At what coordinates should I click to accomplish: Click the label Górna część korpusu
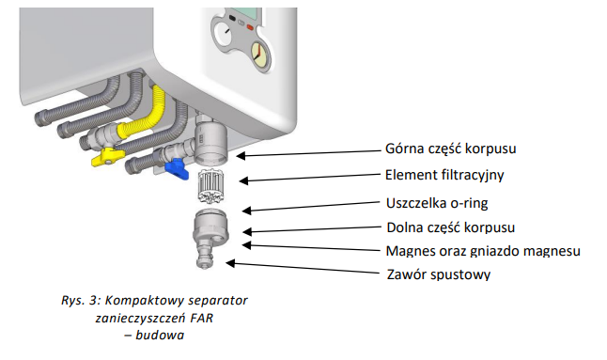coord(451,149)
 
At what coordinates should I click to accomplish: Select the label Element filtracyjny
coord(444,176)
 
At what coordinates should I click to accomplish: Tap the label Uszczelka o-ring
coord(437,203)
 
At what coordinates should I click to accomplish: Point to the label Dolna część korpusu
coord(451,227)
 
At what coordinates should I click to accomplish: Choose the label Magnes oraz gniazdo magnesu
coord(483,251)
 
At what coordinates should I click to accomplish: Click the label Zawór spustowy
coord(439,274)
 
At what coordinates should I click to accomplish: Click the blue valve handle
coord(177,169)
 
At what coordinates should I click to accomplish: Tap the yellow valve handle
coord(108,157)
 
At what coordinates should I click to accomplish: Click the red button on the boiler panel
coord(250,27)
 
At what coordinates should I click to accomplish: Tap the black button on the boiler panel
coord(232,18)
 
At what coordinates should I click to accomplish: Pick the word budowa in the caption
coord(160,335)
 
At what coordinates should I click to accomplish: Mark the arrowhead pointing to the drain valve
coord(231,263)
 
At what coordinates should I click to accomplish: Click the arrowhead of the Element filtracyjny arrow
coord(244,180)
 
